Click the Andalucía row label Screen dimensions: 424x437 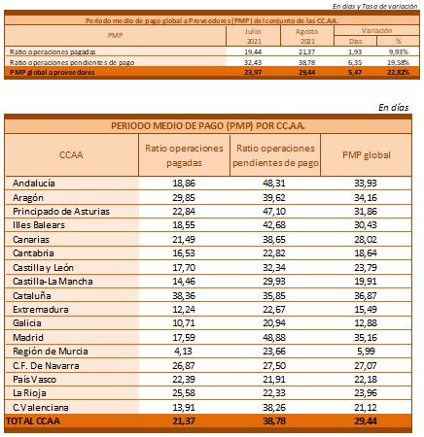pos(34,184)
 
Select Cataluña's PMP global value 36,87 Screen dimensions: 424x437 pos(366,296)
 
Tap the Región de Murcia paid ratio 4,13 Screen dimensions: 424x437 pos(183,352)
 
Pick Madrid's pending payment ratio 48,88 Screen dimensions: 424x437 pos(274,338)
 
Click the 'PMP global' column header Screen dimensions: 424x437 pos(367,155)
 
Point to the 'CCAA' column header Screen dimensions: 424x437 pos(71,154)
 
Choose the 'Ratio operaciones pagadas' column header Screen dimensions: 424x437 pos(184,155)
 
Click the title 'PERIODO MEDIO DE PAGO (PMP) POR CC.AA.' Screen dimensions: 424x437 pos(208,125)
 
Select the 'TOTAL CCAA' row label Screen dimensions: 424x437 pos(33,421)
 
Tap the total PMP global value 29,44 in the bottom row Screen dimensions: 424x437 pos(366,421)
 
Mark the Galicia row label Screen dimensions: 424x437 pos(27,323)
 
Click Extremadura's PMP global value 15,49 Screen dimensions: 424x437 pos(366,310)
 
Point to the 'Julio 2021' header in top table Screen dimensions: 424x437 pos(253,36)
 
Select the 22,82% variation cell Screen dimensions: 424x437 pos(398,72)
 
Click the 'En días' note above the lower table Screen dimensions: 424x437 pos(393,107)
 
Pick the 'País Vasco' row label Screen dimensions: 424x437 pos(34,380)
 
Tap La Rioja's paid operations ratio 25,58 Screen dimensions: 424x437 pos(184,393)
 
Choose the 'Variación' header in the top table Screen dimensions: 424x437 pos(376,31)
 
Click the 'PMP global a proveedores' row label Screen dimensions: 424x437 pos(53,73)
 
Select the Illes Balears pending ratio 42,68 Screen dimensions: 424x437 pos(274,225)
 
